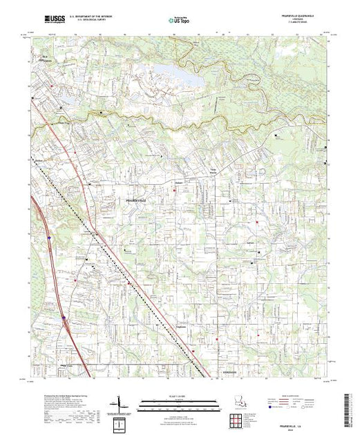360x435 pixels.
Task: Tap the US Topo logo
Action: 179,21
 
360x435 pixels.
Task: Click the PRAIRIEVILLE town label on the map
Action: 138,199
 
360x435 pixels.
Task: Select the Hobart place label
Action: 178,184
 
